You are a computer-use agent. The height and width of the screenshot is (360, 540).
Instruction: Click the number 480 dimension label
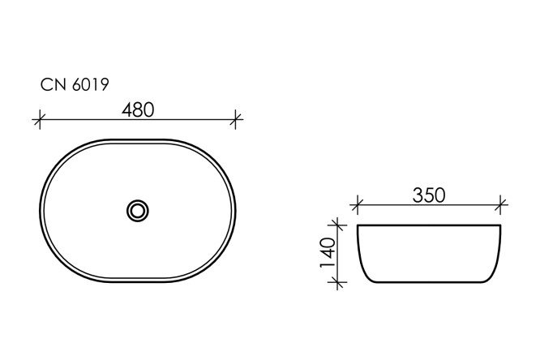138,108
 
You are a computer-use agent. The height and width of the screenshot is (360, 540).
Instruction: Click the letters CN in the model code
50,84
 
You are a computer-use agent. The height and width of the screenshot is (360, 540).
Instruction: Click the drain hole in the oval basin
138,210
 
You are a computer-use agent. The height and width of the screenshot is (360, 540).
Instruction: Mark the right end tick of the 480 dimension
236,121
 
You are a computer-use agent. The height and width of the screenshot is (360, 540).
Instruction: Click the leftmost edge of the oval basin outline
40,210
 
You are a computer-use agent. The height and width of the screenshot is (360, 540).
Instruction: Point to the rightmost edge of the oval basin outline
236,210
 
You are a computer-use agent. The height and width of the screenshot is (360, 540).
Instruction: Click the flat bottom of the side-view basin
431,282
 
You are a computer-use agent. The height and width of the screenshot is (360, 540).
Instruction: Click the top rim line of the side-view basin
431,224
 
